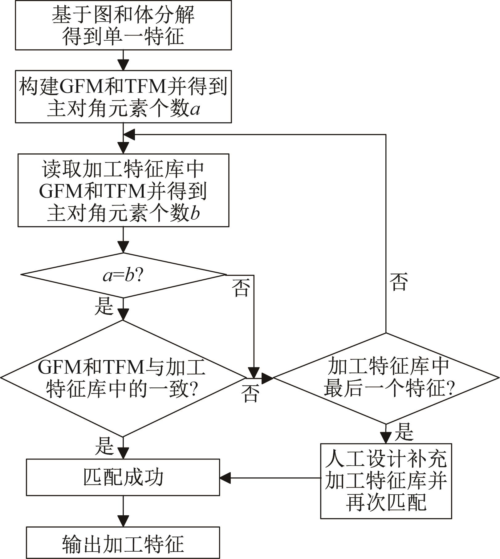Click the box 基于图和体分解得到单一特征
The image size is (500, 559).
tap(123, 25)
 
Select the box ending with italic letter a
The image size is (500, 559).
tap(123, 97)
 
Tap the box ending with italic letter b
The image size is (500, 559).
tap(123, 190)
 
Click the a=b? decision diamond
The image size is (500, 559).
tap(123, 275)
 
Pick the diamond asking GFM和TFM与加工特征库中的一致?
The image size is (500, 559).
tap(123, 378)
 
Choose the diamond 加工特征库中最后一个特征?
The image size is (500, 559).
tap(386, 378)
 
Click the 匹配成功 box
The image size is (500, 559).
tap(123, 477)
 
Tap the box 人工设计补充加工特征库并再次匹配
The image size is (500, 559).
tap(386, 481)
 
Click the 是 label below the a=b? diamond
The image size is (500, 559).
tap(104, 306)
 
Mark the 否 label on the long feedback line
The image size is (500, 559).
tap(399, 282)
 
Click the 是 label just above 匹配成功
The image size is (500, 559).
tap(104, 446)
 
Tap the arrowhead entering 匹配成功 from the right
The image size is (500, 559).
tap(225, 478)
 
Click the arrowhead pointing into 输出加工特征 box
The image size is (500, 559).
tap(123, 521)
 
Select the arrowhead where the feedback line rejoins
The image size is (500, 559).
tap(129, 135)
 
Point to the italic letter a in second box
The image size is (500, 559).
tap(195, 110)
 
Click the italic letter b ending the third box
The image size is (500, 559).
tap(195, 213)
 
